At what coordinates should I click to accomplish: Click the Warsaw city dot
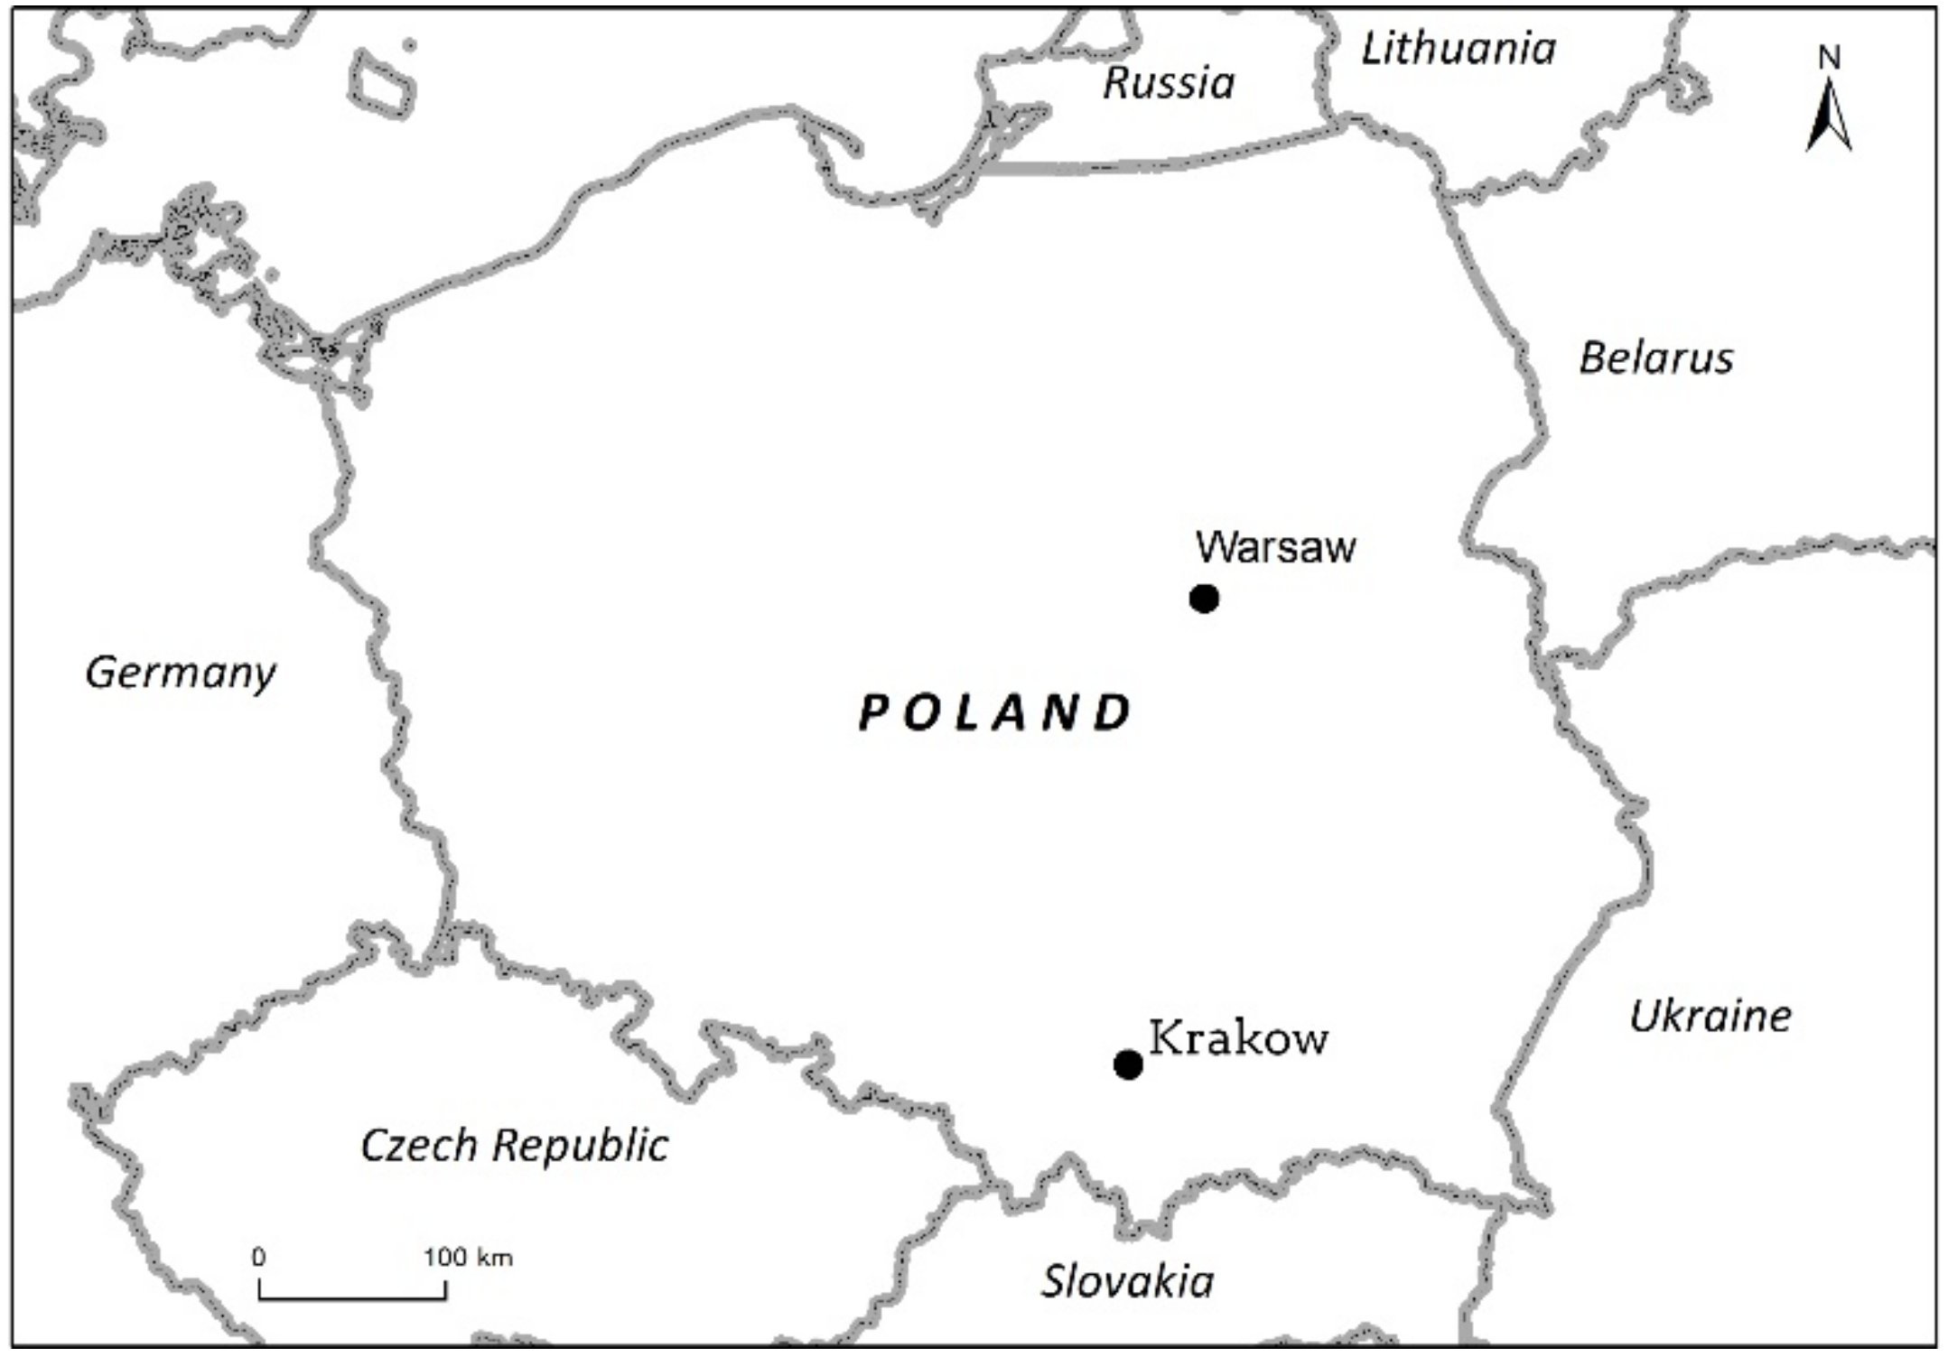click(1204, 598)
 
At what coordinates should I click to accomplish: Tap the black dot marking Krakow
click(1128, 1064)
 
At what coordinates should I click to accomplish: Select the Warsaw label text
click(1275, 547)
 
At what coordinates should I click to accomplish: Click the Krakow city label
click(1238, 1038)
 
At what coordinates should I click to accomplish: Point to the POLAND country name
click(994, 712)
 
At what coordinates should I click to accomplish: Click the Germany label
click(181, 674)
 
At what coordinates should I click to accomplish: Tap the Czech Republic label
click(514, 1146)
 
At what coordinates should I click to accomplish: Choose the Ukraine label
click(1710, 1017)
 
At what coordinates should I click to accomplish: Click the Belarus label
click(1656, 358)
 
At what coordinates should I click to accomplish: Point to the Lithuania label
click(1459, 49)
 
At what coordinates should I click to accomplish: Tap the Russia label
click(1169, 83)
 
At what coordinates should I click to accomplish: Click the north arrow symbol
click(1829, 117)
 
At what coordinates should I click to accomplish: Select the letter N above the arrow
click(1830, 58)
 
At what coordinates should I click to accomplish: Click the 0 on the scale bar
click(259, 1257)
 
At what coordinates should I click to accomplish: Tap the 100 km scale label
click(468, 1257)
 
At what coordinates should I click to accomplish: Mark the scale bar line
click(352, 1298)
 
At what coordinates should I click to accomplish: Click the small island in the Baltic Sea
click(381, 83)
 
